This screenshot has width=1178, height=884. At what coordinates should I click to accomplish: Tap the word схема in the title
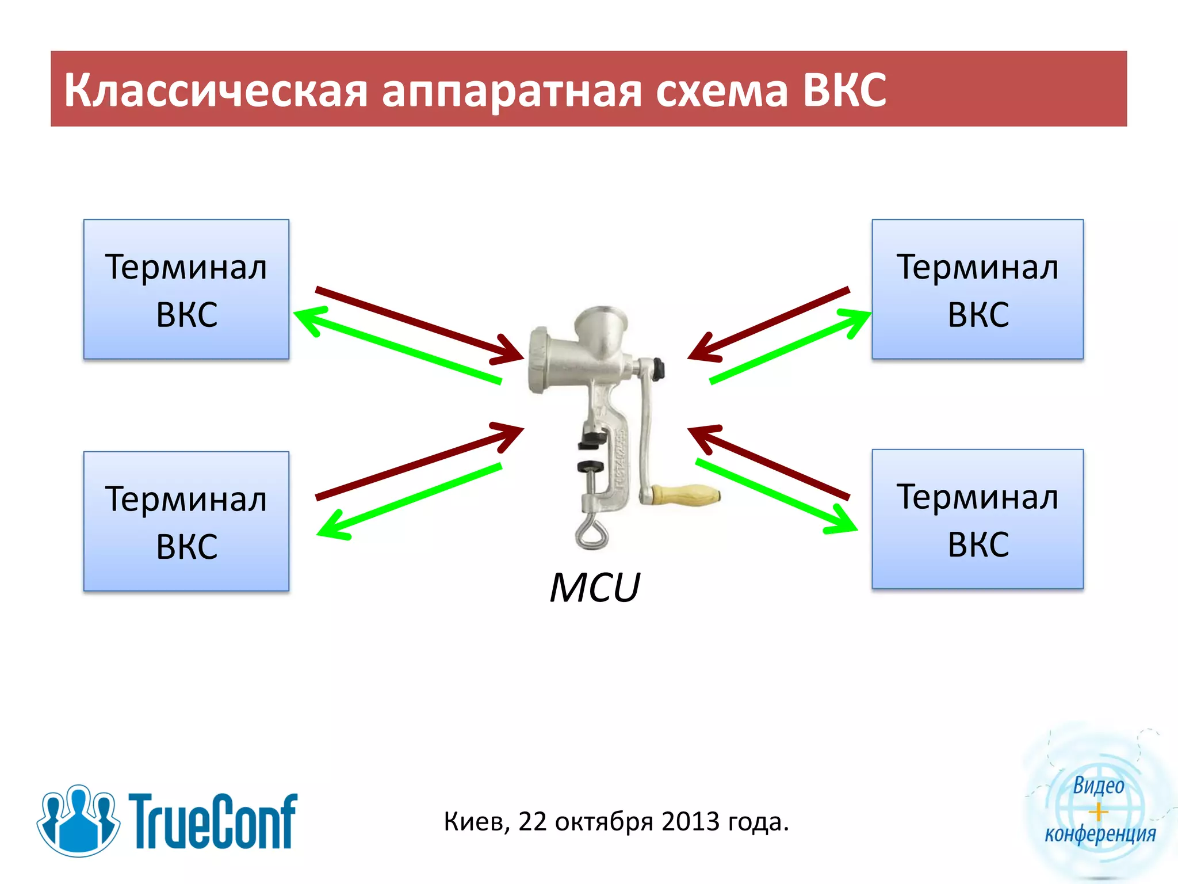[x=721, y=90]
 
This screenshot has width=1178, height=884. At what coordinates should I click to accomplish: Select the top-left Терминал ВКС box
[x=186, y=289]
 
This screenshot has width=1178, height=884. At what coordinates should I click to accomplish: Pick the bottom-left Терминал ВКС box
[x=186, y=521]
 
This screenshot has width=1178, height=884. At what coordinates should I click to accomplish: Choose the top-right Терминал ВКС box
[x=977, y=289]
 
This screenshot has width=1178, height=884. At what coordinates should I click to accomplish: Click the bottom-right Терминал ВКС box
[x=977, y=519]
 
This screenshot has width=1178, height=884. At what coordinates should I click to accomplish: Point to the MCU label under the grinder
[x=595, y=588]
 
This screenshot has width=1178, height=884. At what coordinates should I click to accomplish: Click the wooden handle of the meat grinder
[x=687, y=495]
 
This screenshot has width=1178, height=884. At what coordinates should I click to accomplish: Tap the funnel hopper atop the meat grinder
[x=602, y=328]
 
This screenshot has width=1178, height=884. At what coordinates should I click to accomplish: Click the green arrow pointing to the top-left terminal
[x=397, y=346]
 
